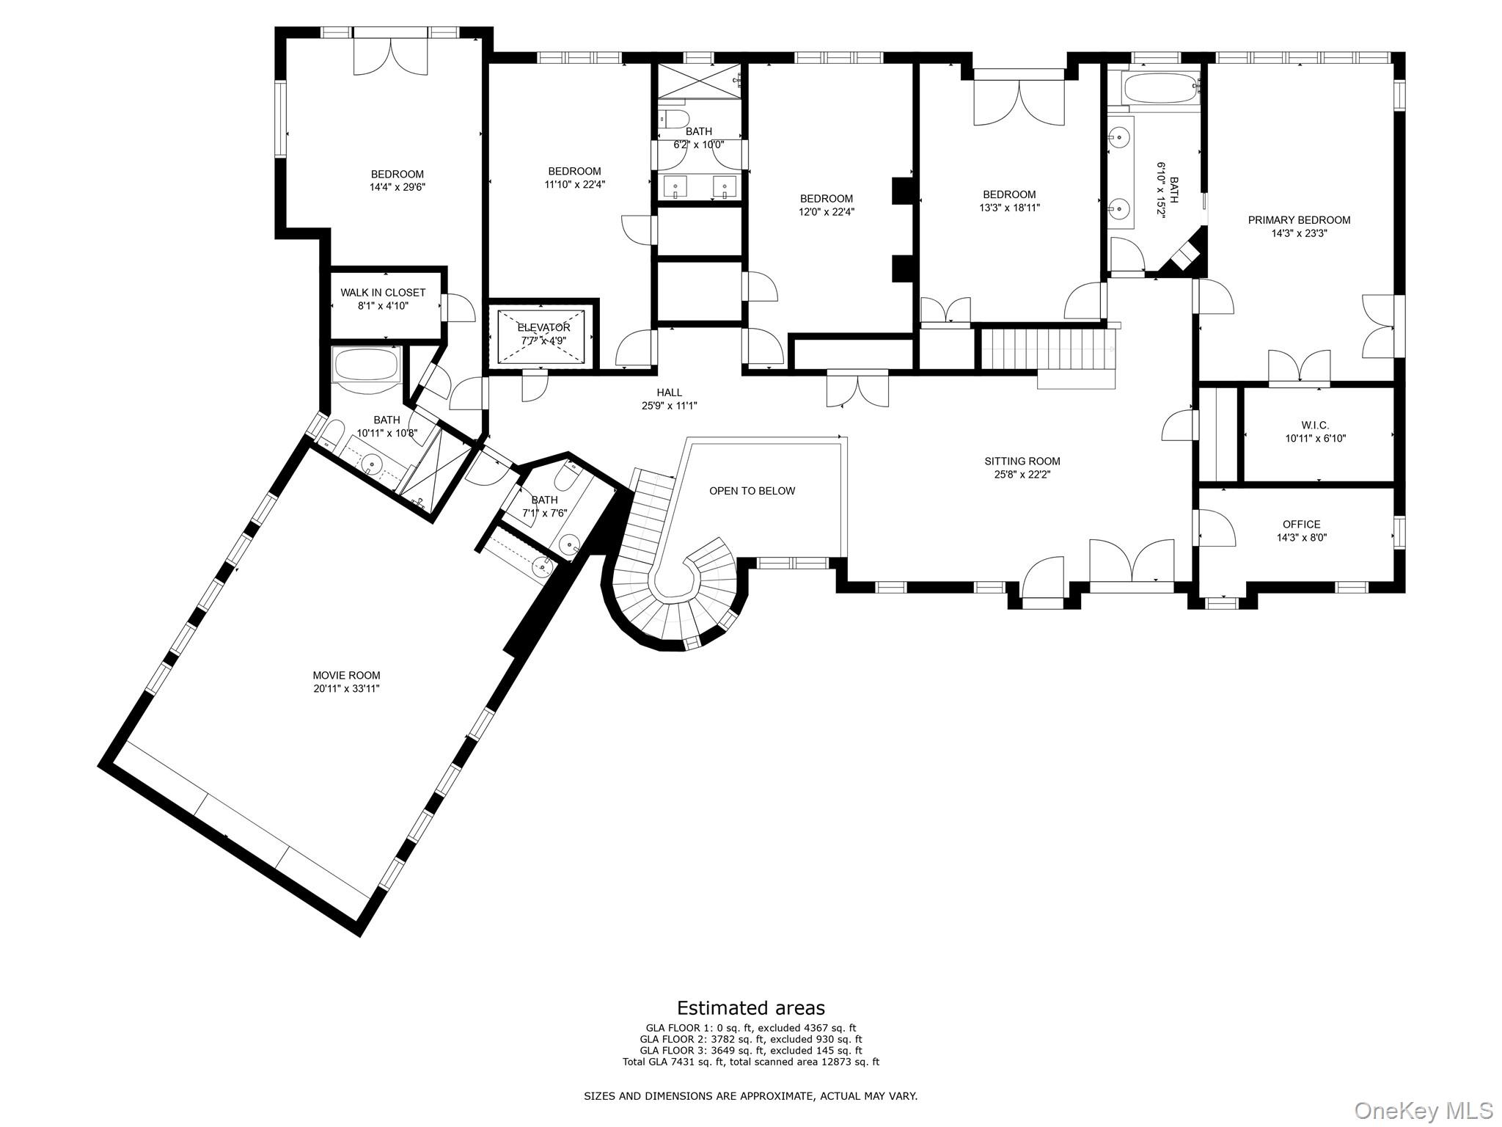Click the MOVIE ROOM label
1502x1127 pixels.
tap(346, 675)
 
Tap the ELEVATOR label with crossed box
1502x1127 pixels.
tap(543, 327)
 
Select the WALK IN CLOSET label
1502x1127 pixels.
tap(383, 293)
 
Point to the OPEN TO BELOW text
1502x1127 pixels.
tap(752, 491)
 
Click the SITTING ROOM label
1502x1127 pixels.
tap(1022, 462)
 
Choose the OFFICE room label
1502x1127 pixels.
tap(1301, 524)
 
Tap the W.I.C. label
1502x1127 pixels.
tap(1315, 426)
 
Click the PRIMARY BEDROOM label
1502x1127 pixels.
tap(1299, 220)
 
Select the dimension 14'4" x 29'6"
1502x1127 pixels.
tap(398, 187)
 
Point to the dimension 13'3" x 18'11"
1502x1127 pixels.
tap(1009, 208)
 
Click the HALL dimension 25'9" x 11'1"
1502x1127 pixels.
tap(669, 406)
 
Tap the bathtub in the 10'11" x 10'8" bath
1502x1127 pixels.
tap(366, 365)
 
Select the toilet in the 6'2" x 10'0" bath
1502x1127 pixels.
tap(673, 119)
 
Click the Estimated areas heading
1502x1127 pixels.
tap(750, 1007)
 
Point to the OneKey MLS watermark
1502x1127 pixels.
tap(1423, 1110)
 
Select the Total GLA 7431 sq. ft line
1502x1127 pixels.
tap(750, 1062)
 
